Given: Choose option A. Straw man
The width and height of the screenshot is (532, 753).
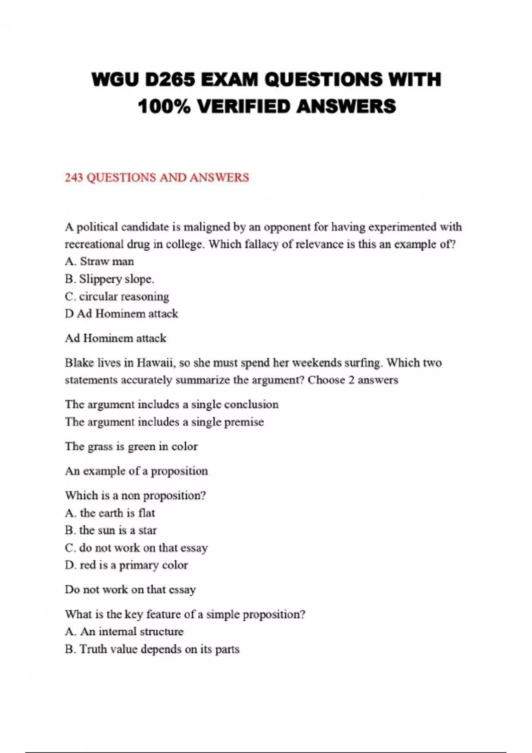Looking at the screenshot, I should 99,261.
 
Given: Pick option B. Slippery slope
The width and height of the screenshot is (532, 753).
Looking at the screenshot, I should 110,279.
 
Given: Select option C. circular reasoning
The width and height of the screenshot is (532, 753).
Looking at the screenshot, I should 117,296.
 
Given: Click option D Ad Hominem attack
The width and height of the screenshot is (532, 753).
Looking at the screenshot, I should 121,314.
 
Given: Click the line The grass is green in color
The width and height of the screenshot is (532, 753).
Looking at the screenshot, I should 131,446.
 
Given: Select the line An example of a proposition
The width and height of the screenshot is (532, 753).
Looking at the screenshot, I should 136,471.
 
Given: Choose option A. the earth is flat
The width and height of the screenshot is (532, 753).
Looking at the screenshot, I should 110,513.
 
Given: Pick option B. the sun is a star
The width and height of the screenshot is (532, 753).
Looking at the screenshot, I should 111,530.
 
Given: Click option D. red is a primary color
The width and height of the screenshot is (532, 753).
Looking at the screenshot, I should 126,565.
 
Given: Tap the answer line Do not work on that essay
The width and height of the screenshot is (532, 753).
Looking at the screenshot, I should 130,590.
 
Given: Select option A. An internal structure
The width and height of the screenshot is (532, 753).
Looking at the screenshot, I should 124,632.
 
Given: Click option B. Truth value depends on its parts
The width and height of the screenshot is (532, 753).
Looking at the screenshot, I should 152,649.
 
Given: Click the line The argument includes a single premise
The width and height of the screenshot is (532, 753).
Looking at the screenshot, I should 164,422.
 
